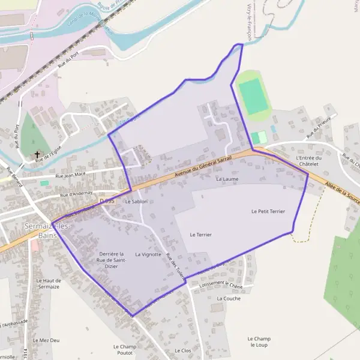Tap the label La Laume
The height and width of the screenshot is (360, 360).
tap(227, 179)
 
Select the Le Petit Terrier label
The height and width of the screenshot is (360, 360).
tap(268, 211)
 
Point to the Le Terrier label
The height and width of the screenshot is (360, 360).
tap(200, 235)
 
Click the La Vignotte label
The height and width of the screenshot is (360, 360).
tap(148, 254)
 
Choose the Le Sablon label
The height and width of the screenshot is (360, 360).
tap(136, 202)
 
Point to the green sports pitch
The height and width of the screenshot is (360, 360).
tap(253, 96)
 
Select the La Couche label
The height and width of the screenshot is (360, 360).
tap(229, 298)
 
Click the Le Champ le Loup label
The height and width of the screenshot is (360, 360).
tap(259, 341)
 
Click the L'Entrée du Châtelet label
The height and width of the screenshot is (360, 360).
tap(309, 161)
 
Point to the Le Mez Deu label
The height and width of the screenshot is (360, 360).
tap(46, 340)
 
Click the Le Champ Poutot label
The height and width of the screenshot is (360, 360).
tap(125, 349)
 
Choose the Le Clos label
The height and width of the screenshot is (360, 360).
tap(182, 350)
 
